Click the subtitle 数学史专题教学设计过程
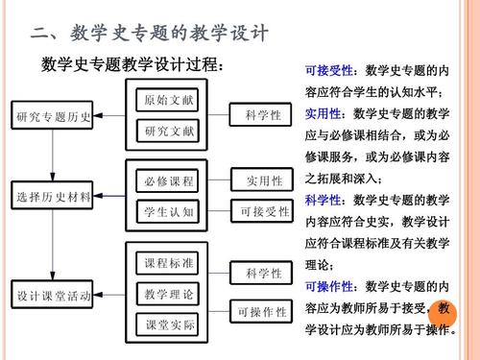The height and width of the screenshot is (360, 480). (x=134, y=67)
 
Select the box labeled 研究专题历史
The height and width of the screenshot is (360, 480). (x=55, y=117)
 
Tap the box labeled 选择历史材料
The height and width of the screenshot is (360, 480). (x=55, y=197)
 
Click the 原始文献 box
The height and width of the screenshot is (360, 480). (x=169, y=101)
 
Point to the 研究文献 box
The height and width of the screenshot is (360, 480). (x=169, y=130)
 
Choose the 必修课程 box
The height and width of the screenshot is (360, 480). (x=169, y=180)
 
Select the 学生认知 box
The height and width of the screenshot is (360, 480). (x=169, y=211)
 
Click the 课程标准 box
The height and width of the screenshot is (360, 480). (x=169, y=263)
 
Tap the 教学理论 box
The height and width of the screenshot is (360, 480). (x=169, y=293)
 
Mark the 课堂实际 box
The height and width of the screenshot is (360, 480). (x=169, y=325)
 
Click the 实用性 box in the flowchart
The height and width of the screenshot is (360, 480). (x=263, y=180)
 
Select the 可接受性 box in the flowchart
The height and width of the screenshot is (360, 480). (x=263, y=211)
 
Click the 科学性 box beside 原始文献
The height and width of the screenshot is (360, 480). (x=263, y=115)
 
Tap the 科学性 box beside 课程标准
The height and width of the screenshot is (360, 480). (x=263, y=274)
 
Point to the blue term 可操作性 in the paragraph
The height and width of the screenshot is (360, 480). (x=329, y=287)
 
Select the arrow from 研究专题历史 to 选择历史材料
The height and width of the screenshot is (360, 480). (x=55, y=158)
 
